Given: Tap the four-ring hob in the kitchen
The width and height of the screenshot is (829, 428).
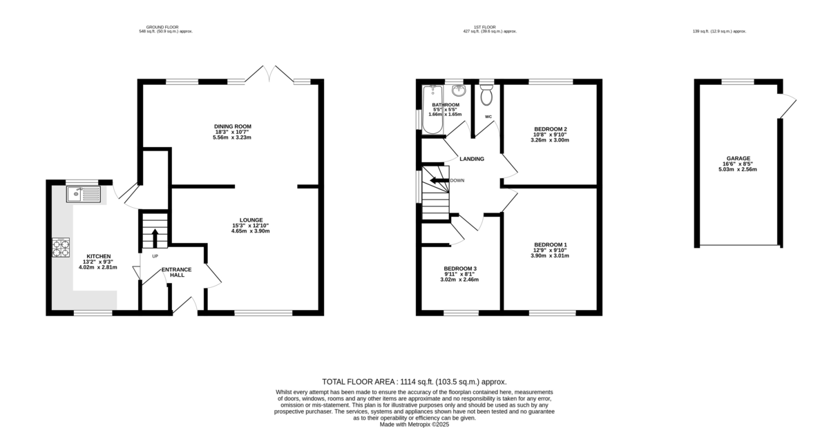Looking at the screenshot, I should point(61,247).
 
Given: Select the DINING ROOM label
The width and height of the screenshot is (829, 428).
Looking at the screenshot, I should point(232,126).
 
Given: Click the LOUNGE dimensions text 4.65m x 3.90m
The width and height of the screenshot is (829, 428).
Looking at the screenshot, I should point(250,231).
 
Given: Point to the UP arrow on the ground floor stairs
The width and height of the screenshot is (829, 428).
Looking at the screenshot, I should point(155,237).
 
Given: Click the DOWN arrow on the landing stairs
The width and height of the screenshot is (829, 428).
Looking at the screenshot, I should point(437,181).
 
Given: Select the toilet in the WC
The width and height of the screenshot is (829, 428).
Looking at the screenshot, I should point(486,94).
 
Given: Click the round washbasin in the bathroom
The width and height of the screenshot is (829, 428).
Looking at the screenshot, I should point(458,90).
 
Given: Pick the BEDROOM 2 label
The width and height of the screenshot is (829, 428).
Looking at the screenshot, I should point(551,129).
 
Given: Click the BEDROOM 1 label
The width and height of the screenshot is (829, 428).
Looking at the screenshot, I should point(551,244).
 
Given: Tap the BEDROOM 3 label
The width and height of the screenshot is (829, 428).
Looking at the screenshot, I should point(460,269).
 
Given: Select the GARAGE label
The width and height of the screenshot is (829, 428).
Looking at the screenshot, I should point(738,158).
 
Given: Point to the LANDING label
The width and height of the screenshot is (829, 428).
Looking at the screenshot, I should point(472,159).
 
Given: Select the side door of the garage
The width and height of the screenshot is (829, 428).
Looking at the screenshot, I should point(788,104).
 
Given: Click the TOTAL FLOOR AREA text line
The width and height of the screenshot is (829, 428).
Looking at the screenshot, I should point(414,381).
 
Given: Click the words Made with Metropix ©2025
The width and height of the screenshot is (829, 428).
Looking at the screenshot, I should point(414,425).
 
